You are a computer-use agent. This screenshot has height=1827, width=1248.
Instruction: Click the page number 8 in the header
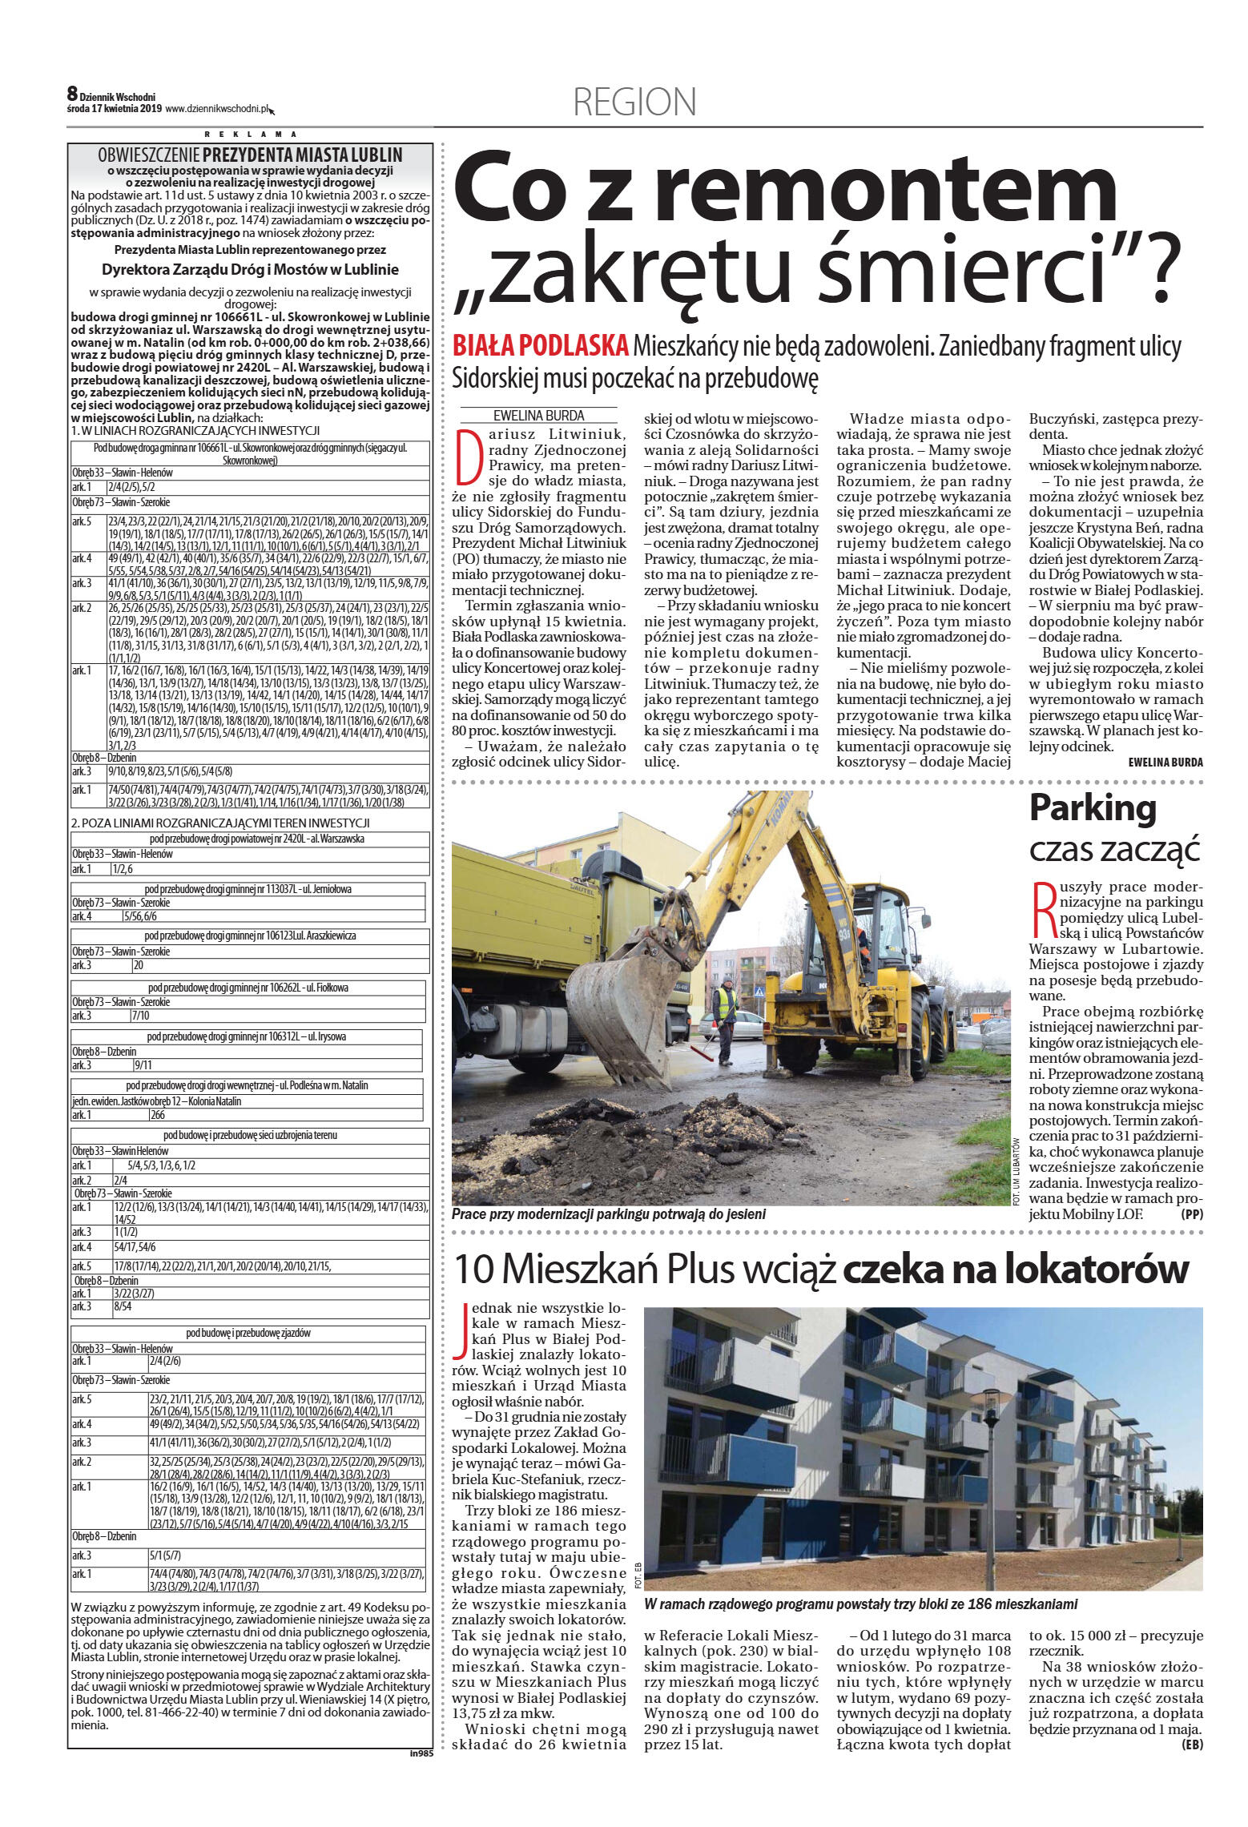pyautogui.click(x=72, y=95)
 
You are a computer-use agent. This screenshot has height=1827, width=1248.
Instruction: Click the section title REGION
pyautogui.click(x=634, y=103)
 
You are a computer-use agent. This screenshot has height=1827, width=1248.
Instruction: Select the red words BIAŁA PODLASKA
pyautogui.click(x=540, y=346)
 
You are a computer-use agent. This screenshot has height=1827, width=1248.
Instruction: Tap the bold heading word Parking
pyautogui.click(x=1093, y=807)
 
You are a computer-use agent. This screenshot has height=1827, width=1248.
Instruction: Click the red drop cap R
pyautogui.click(x=1042, y=910)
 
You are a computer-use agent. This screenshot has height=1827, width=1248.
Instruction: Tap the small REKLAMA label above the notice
pyautogui.click(x=251, y=135)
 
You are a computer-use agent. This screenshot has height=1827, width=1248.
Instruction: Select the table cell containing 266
pyautogui.click(x=158, y=1115)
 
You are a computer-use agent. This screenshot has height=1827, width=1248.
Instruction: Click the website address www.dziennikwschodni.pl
pyautogui.click(x=217, y=109)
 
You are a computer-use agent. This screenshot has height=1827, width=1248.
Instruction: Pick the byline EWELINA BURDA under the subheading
pyautogui.click(x=538, y=416)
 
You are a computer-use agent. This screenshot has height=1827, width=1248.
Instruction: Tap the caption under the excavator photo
pyautogui.click(x=608, y=1214)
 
